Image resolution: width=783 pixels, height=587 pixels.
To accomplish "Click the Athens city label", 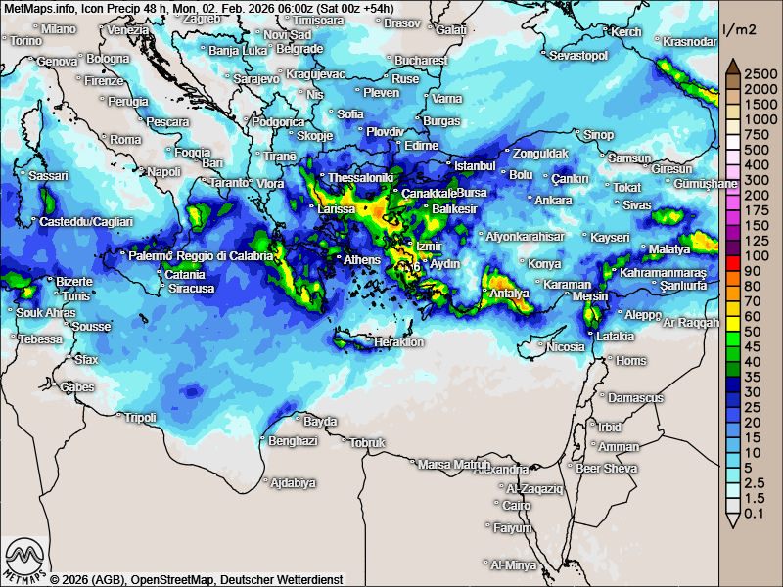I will point(362,259).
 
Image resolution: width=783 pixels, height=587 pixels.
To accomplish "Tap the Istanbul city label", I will point(476,165).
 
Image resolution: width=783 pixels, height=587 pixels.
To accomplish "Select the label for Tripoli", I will point(141,418).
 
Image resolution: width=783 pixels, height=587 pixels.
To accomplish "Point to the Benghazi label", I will point(293,441).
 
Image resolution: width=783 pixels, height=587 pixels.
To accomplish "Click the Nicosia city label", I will point(565,347).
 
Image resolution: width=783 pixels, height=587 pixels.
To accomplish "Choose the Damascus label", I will point(635,398).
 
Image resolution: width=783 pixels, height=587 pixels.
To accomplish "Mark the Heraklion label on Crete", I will point(398,342).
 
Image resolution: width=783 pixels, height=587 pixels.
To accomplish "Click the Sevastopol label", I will point(578,56).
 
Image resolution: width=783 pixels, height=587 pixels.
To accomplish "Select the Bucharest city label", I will point(422,61).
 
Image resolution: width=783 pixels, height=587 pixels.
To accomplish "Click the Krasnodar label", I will point(689,41).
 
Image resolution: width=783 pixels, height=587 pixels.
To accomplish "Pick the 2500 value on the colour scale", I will point(759,73).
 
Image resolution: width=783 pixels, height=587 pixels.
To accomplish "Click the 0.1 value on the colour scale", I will point(753,514).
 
